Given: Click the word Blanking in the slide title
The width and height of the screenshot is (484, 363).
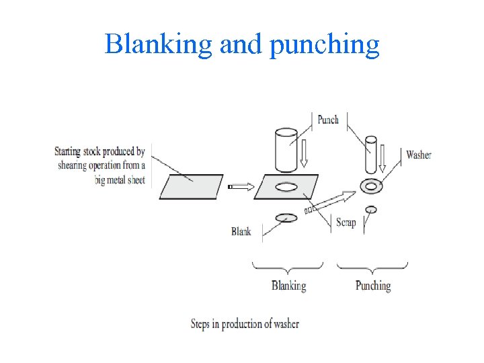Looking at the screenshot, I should pyautogui.click(x=158, y=45).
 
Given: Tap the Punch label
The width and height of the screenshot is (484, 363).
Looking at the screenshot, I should pyautogui.click(x=328, y=120).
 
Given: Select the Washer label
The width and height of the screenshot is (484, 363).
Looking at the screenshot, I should pyautogui.click(x=418, y=155).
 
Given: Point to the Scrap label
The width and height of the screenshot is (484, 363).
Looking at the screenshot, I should pyautogui.click(x=346, y=222).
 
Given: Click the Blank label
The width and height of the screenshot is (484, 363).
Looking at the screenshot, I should pyautogui.click(x=241, y=231).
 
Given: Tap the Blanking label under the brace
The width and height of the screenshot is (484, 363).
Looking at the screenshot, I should pyautogui.click(x=288, y=286).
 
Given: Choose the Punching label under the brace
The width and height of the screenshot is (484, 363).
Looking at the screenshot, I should pyautogui.click(x=372, y=286).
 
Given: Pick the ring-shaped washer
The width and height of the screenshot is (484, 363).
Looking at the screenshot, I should pyautogui.click(x=370, y=185).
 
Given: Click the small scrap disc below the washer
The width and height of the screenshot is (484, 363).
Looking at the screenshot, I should pyautogui.click(x=370, y=210).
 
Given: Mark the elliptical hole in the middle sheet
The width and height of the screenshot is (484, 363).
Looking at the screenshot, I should pyautogui.click(x=286, y=187).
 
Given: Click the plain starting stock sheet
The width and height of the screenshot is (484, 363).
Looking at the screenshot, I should pyautogui.click(x=191, y=186).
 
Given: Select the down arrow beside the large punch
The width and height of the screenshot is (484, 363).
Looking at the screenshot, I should pyautogui.click(x=304, y=153).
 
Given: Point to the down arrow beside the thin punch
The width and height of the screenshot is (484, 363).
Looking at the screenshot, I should pyautogui.click(x=382, y=157).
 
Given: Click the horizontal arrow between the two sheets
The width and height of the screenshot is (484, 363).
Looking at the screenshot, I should pyautogui.click(x=241, y=186).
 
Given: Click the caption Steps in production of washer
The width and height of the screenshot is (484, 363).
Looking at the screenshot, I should pyautogui.click(x=245, y=324).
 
